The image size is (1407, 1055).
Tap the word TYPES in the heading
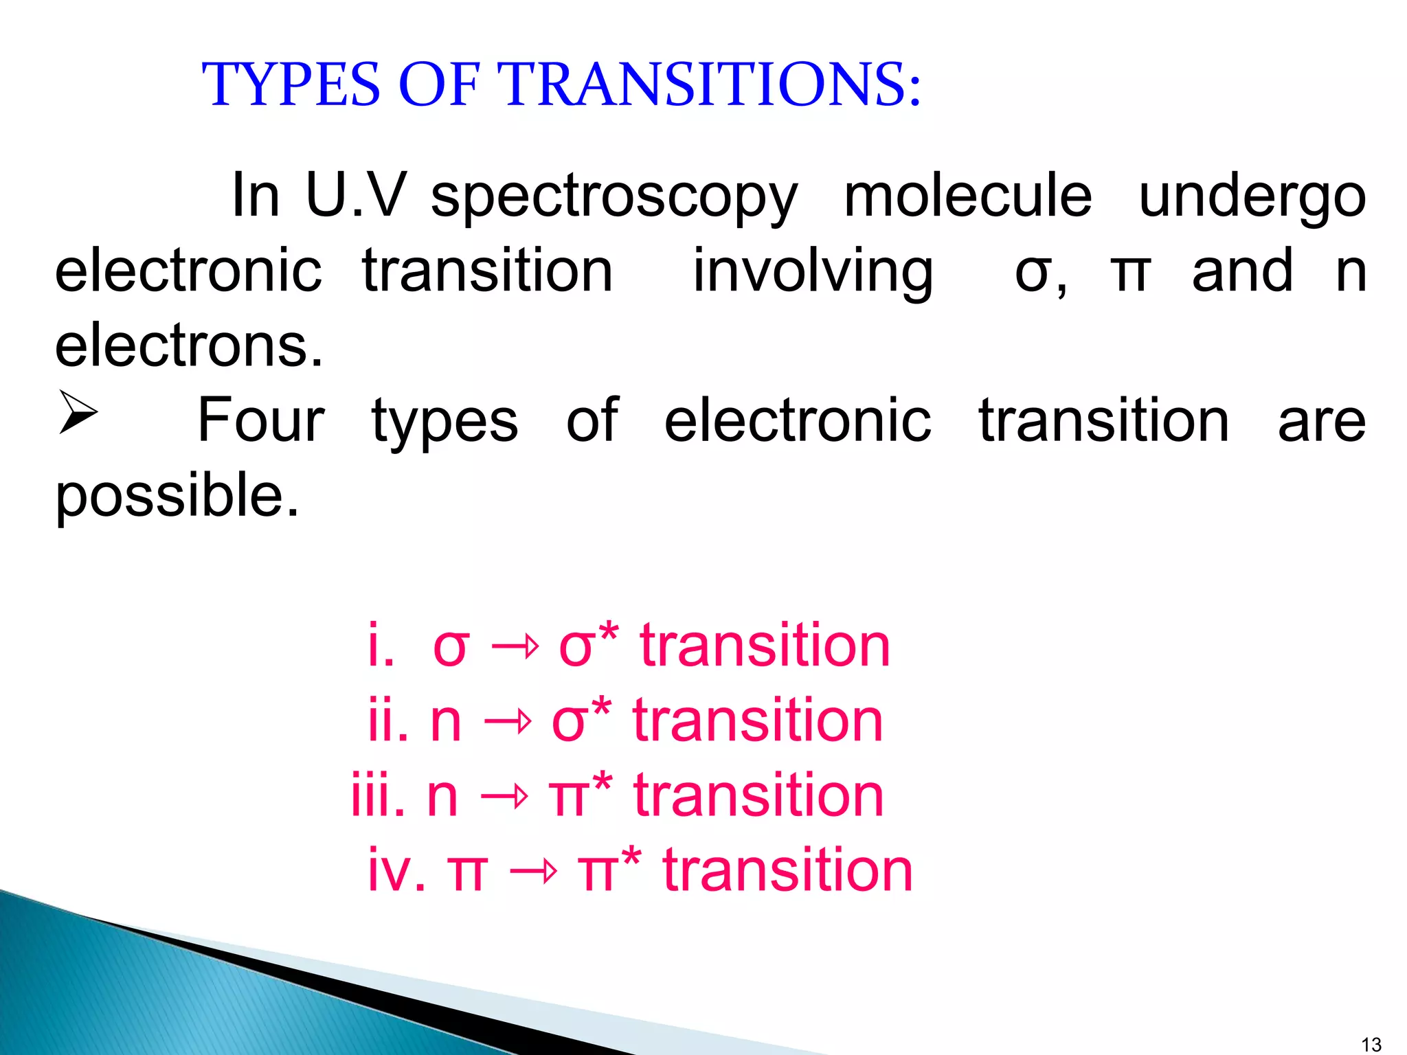click(291, 84)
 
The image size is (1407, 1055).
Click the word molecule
click(967, 196)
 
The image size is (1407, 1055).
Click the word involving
click(812, 272)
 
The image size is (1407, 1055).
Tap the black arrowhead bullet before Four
click(77, 412)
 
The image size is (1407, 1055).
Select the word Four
click(261, 420)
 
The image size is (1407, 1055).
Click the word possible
click(177, 496)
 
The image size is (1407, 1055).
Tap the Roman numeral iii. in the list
click(377, 795)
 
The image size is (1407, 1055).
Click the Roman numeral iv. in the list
click(396, 870)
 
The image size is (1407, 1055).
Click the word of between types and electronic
click(592, 420)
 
